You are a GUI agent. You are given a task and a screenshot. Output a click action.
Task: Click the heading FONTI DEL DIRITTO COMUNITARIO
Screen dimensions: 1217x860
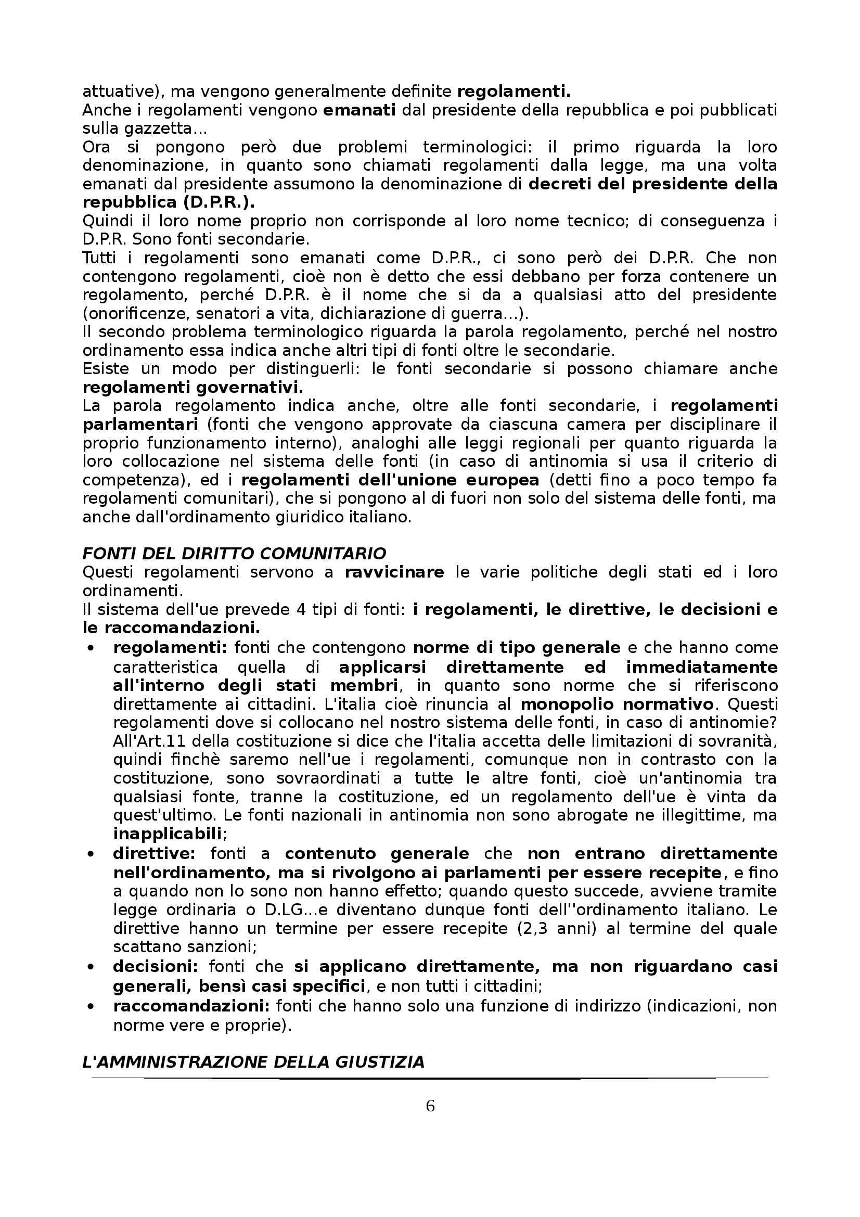(234, 554)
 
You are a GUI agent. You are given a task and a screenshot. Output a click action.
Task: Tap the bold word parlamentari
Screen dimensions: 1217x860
(140, 425)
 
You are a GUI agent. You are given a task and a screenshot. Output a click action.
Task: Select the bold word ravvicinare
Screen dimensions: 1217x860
(394, 572)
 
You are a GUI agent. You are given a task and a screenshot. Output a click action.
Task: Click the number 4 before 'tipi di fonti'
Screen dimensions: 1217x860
(300, 610)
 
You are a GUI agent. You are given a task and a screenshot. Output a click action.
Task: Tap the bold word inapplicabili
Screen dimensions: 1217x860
(167, 834)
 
